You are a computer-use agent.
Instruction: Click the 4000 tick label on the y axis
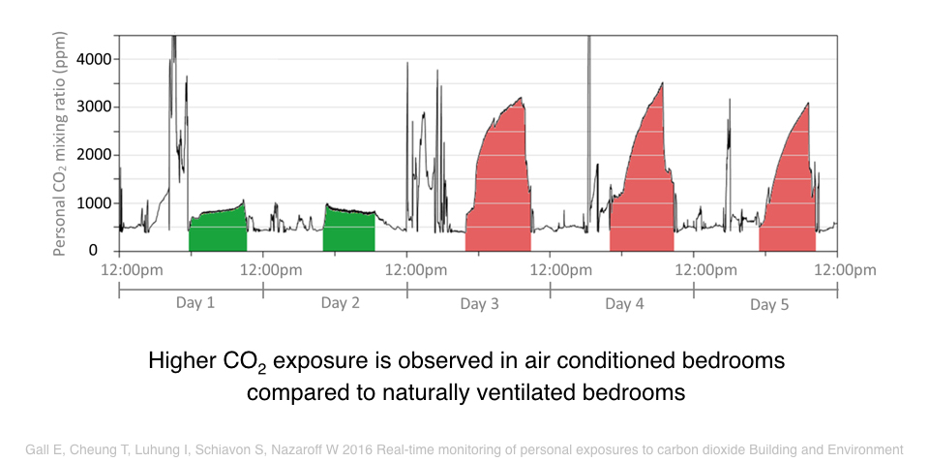click(94, 59)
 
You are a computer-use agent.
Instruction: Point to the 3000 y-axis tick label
click(94, 108)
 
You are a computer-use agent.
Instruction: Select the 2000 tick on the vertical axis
click(94, 155)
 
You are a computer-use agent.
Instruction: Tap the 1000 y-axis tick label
click(94, 203)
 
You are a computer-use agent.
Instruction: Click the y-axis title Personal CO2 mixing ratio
click(59, 143)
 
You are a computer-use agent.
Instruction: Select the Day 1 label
click(195, 303)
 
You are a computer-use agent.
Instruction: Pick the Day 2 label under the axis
click(340, 303)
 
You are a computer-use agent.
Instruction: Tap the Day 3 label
click(479, 304)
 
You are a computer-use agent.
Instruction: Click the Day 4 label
click(624, 304)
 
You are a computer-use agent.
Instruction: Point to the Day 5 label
click(769, 305)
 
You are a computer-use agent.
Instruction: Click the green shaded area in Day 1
click(218, 231)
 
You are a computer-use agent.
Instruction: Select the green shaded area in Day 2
click(349, 231)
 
